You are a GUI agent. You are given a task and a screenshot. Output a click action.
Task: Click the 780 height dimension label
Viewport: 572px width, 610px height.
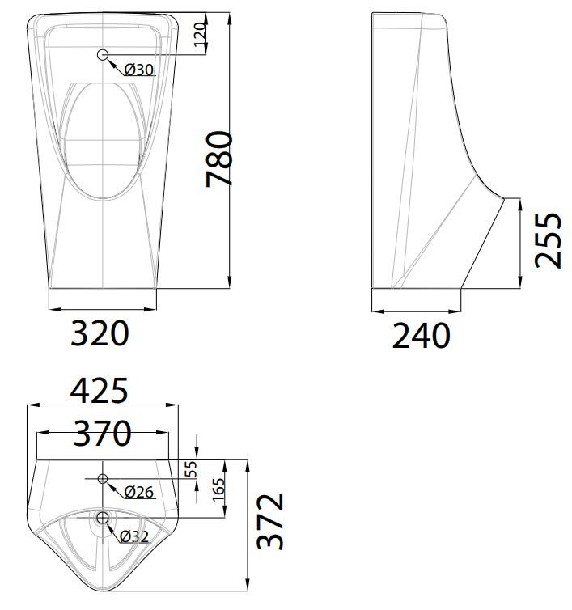coord(220,159)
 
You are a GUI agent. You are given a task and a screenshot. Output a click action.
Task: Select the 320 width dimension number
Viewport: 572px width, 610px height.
coord(100,333)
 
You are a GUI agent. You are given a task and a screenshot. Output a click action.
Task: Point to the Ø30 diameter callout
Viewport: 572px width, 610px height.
coord(139,70)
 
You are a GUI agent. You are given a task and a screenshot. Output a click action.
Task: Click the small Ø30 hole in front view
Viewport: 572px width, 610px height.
coord(103,55)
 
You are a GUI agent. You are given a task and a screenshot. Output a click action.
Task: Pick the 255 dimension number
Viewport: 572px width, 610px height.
coord(549,239)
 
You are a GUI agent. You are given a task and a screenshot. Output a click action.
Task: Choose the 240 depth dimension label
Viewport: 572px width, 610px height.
coord(421,335)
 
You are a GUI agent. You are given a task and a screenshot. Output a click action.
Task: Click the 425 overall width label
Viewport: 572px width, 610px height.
coord(100,392)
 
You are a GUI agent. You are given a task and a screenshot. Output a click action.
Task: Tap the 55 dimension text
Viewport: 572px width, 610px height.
coord(191,469)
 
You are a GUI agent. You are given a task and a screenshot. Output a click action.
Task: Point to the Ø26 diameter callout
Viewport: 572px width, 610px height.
coord(139,491)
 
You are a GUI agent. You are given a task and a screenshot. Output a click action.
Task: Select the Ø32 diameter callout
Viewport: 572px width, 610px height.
coord(135,535)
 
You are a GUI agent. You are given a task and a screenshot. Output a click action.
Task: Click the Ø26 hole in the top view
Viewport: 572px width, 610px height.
coord(103,479)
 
